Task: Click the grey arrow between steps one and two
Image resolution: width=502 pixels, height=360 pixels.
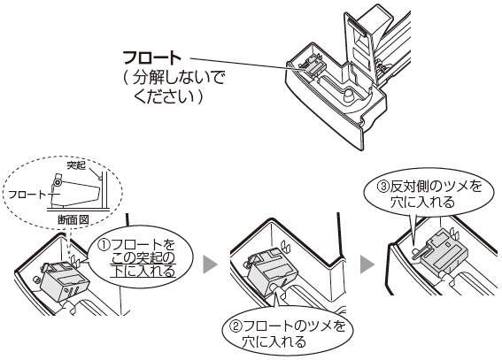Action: [x=210, y=264]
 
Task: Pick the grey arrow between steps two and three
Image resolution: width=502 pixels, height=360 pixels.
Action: [x=367, y=264]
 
